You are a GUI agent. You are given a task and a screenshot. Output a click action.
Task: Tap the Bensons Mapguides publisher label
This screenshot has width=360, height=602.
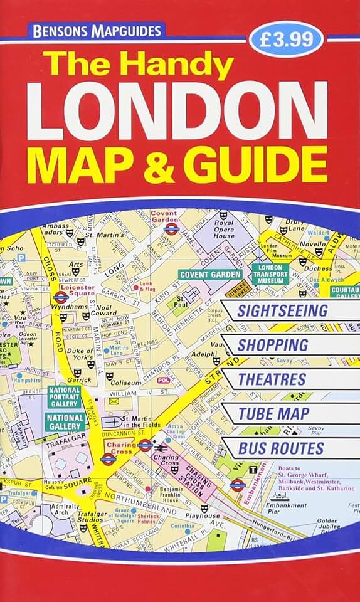click(x=95, y=30)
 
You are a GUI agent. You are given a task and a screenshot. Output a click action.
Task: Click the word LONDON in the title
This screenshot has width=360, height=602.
click(x=177, y=110)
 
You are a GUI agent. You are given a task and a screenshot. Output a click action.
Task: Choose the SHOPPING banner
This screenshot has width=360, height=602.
click(x=273, y=345)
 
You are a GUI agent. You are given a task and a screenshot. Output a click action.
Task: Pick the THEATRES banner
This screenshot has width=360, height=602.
click(x=272, y=379)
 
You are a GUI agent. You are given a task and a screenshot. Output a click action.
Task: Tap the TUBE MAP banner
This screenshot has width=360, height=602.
click(x=273, y=414)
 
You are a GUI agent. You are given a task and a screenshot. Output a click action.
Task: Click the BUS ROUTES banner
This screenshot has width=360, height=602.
click(x=281, y=448)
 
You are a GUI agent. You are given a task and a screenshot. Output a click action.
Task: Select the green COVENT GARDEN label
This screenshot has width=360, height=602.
click(x=210, y=274)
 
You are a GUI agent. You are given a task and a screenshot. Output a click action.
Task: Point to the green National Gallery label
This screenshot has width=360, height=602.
click(x=65, y=422)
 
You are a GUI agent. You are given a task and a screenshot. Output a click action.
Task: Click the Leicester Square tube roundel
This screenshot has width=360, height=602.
click(x=61, y=297)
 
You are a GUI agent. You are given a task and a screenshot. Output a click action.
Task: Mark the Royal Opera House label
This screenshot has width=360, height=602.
click(x=224, y=230)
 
